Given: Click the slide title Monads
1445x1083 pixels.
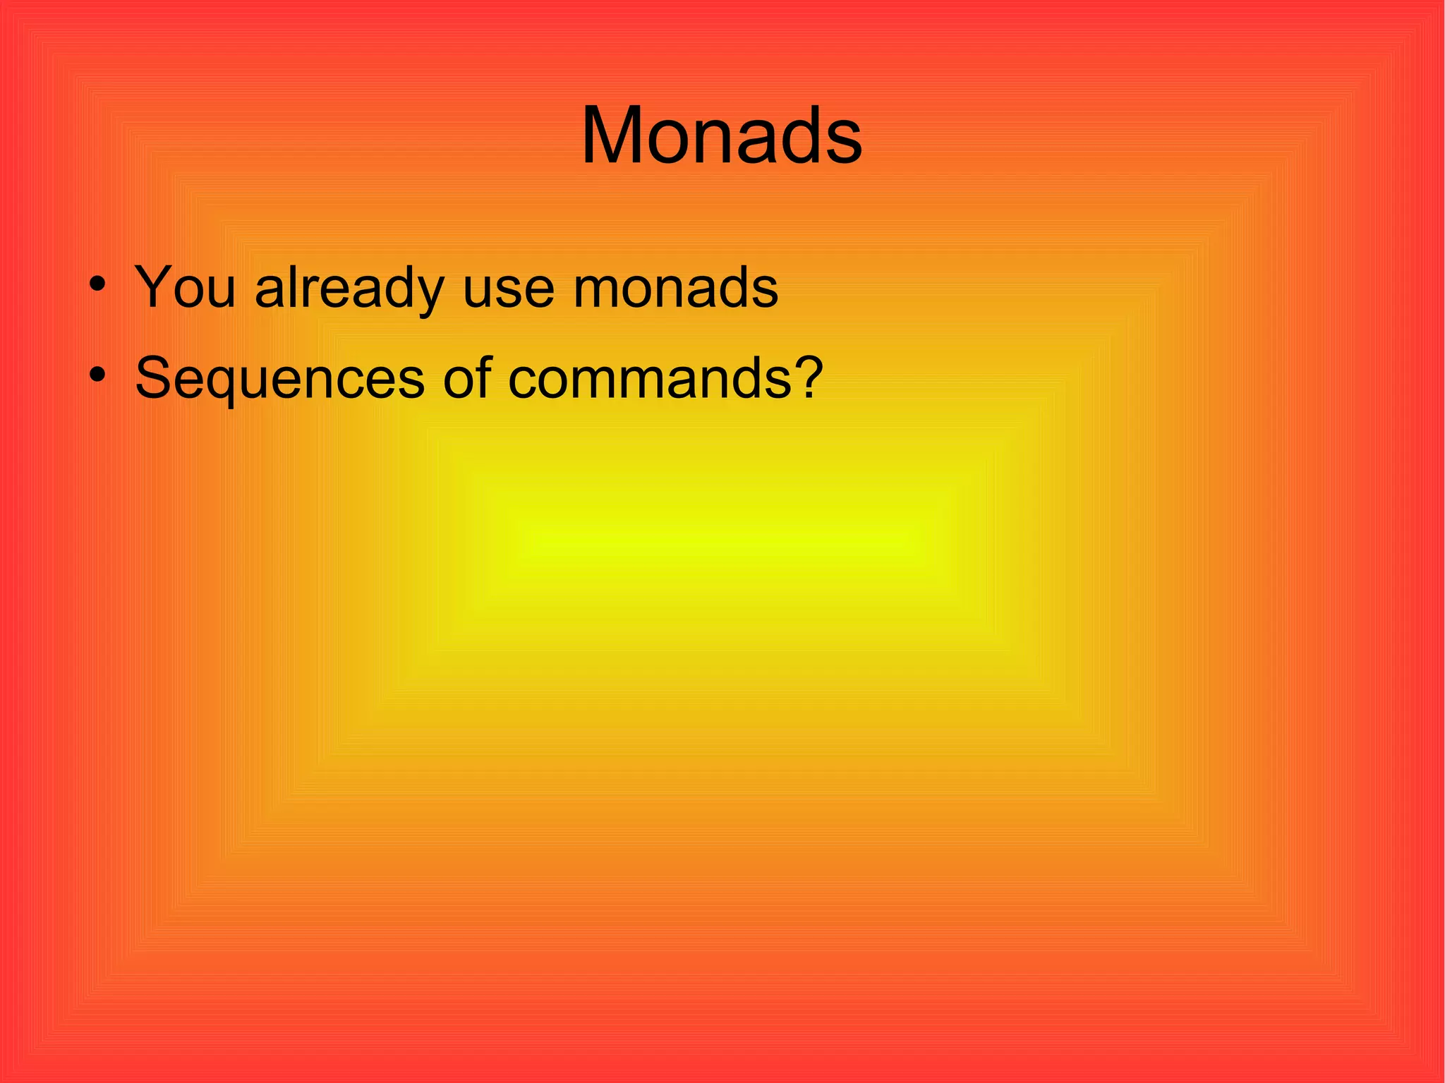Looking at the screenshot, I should click(721, 135).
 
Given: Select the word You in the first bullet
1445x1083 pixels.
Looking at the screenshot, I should click(185, 288).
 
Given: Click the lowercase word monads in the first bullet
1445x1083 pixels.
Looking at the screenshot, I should click(675, 288).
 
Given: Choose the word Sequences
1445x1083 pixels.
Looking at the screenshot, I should click(279, 379).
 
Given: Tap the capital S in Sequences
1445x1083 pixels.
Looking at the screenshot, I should click(153, 377).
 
